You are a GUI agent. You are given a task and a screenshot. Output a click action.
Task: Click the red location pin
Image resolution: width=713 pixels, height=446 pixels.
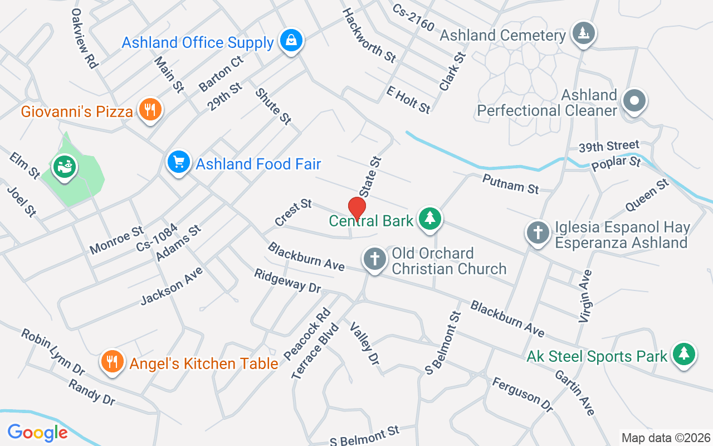pyautogui.click(x=356, y=209)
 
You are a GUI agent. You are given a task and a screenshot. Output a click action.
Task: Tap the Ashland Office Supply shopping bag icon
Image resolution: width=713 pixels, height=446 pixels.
pyautogui.click(x=291, y=41)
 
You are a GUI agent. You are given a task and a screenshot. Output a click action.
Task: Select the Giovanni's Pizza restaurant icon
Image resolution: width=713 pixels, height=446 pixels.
pyautogui.click(x=149, y=110)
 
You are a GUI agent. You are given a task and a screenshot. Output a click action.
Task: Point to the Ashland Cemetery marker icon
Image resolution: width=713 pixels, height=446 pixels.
pyautogui.click(x=583, y=34)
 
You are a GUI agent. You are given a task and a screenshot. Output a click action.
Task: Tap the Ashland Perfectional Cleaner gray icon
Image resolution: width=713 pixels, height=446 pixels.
pyautogui.click(x=634, y=101)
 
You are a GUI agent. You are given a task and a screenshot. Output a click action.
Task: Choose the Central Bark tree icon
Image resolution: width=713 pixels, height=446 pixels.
pyautogui.click(x=429, y=219)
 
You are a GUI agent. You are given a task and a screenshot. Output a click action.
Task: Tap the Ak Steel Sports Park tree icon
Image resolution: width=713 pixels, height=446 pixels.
pyautogui.click(x=684, y=354)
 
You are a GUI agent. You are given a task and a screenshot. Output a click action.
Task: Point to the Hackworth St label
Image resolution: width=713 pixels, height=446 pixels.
pyautogui.click(x=369, y=35)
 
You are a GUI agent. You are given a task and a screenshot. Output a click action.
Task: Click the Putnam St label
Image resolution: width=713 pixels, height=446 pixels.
pyautogui.click(x=511, y=183)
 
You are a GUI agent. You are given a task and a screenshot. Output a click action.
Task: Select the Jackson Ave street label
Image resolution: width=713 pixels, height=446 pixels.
pyautogui.click(x=172, y=285)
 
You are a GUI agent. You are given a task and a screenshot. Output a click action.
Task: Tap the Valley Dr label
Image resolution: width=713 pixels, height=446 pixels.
pyautogui.click(x=365, y=343)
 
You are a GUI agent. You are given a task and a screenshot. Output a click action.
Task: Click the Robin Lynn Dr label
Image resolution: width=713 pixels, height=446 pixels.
pyautogui.click(x=53, y=352)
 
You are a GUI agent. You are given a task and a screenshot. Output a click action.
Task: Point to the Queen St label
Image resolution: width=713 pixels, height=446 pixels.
pyautogui.click(x=647, y=195)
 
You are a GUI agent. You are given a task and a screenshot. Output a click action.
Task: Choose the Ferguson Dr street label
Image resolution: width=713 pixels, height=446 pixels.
pyautogui.click(x=522, y=395)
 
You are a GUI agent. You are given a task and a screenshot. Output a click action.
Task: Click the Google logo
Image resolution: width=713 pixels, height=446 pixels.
pyautogui.click(x=37, y=432)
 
